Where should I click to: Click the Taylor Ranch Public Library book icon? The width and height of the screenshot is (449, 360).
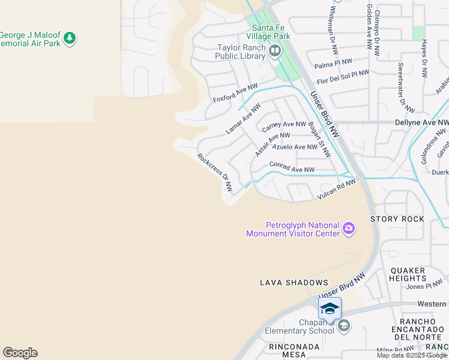(x=275, y=50)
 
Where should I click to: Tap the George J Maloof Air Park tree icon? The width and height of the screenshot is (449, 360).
(x=70, y=38)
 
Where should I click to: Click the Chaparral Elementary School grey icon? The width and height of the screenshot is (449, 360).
(x=344, y=326)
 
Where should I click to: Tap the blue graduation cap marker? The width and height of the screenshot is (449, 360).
(x=330, y=308)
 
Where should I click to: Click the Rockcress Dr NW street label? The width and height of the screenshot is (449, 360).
(x=215, y=172)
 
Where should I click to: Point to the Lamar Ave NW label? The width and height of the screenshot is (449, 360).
(x=243, y=118)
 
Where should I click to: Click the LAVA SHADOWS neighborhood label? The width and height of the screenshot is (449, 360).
(x=294, y=283)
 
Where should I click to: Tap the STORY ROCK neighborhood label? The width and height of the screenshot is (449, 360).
(x=397, y=219)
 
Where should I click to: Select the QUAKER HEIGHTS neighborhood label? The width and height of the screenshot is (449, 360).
(x=408, y=274)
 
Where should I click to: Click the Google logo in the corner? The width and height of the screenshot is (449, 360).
(x=20, y=353)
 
